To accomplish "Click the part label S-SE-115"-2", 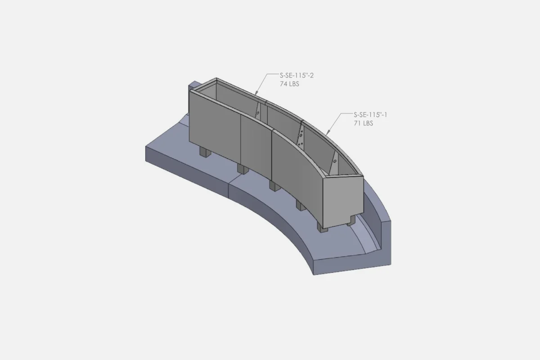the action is (297, 76).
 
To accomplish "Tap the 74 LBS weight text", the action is (289, 84).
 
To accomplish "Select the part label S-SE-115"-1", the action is (370, 115).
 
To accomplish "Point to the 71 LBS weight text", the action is (363, 123).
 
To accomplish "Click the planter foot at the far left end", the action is (205, 153).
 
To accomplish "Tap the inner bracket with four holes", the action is (301, 135).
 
